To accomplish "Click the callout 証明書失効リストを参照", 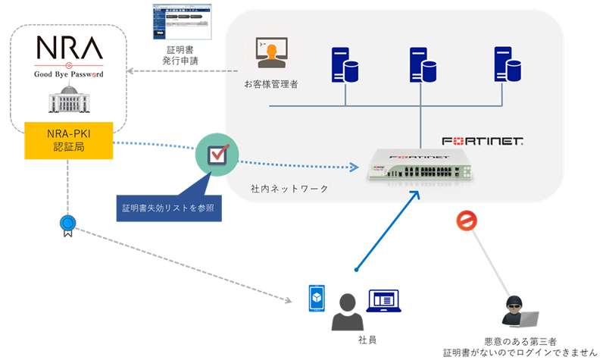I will click(x=168, y=207).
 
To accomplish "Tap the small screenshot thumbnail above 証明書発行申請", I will click(x=180, y=22).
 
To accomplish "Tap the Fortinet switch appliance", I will click(x=420, y=166).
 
